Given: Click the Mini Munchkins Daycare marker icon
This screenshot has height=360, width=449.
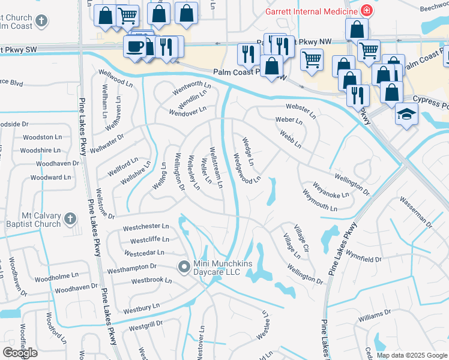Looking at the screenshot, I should tap(184, 266).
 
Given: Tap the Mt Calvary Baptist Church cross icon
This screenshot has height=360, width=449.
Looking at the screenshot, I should tap(70, 220).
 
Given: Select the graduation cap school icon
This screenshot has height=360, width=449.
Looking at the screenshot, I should tap(406, 114).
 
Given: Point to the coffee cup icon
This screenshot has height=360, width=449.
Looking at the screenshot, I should tap(133, 46).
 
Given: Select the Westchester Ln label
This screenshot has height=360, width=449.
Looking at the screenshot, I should tap(146, 227).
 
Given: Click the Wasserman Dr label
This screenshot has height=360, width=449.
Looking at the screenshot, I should tap(415, 212).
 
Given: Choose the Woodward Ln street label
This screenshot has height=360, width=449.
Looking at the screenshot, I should tap(50, 178).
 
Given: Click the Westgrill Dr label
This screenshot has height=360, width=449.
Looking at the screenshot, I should tap(146, 326).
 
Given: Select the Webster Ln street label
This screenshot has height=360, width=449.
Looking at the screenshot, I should tap(300, 110).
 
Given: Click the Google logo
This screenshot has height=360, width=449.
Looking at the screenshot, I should tap(20, 352).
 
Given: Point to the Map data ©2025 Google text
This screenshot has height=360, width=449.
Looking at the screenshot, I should tap(412, 355).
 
